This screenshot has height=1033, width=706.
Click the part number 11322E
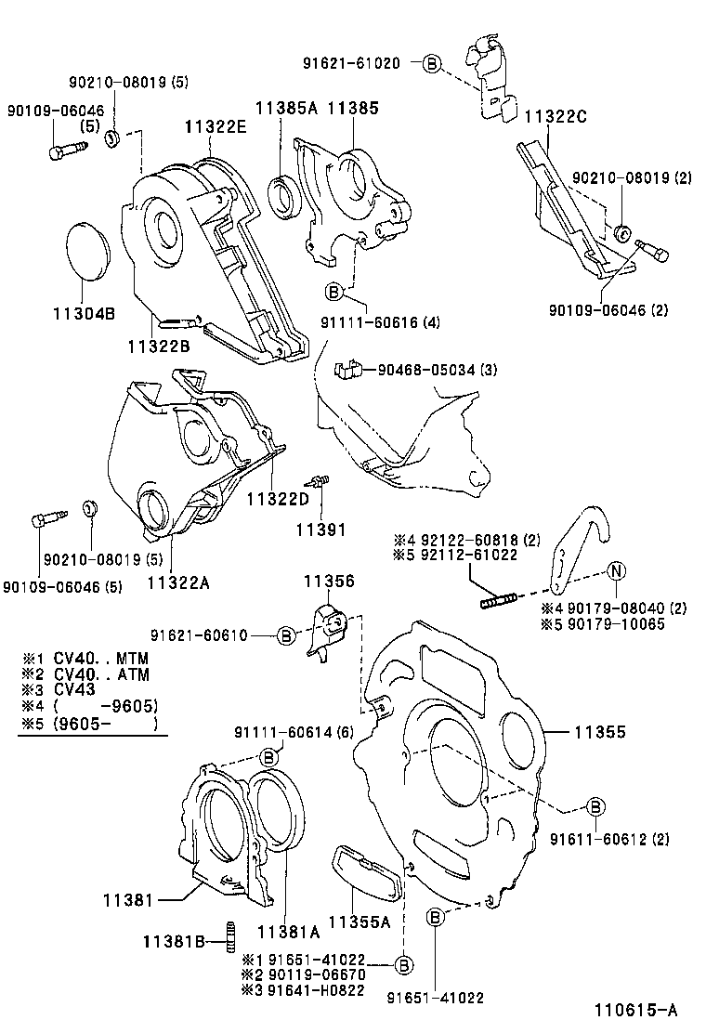[215, 128]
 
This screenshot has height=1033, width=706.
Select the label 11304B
[83, 313]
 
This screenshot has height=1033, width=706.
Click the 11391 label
[320, 530]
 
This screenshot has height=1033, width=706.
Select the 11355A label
[360, 923]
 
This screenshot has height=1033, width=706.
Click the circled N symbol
[618, 572]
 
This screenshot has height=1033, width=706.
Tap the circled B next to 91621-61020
[432, 63]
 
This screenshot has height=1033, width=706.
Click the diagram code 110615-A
[637, 1011]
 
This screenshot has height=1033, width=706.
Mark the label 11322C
[555, 116]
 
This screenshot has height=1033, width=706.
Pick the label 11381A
[288, 932]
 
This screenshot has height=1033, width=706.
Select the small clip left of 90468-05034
[346, 370]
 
